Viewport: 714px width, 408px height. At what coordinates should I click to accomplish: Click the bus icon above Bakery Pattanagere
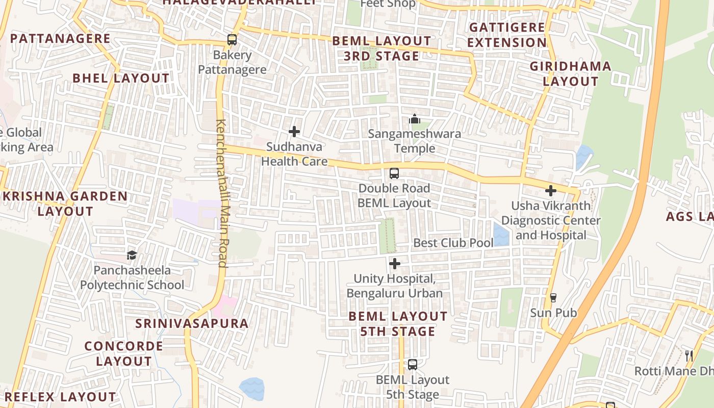[232, 39]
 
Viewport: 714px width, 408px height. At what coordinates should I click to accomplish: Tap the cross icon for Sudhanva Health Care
[294, 132]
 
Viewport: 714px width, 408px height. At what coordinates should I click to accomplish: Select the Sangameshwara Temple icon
[415, 119]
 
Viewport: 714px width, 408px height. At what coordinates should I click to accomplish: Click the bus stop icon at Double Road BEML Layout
[394, 173]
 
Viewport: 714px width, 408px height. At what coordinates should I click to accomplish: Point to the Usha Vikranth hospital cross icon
[551, 191]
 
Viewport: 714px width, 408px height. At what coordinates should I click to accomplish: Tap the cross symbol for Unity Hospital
[395, 264]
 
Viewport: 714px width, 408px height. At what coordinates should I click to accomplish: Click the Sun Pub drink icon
[553, 297]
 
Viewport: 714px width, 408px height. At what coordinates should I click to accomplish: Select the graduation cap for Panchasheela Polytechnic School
[132, 255]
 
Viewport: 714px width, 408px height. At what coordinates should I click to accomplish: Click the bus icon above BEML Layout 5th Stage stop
[413, 365]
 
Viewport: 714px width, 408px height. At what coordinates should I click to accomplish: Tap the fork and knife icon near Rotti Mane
[689, 355]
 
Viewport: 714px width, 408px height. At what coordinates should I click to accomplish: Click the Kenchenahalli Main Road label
[222, 193]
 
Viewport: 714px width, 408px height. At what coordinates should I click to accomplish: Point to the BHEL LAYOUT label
[121, 78]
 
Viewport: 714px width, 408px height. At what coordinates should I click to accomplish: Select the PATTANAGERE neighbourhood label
[60, 38]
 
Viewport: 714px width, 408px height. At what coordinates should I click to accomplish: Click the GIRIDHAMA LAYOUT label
[570, 73]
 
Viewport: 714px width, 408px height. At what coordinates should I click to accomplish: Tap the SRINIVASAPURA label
[192, 323]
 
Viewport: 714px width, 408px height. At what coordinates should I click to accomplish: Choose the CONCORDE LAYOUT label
[124, 353]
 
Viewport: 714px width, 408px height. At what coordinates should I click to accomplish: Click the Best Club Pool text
[453, 243]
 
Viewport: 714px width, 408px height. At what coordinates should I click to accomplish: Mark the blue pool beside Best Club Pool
[501, 235]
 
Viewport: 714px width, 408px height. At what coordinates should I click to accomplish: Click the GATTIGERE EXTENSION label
[507, 35]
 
